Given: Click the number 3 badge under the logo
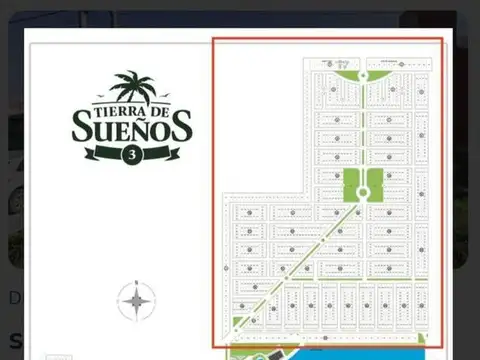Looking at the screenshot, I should tap(131, 154).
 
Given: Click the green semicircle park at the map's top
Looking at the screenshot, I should tap(362, 75).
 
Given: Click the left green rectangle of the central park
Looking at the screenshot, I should tap(351, 185).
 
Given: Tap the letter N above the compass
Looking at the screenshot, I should tap(136, 281).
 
